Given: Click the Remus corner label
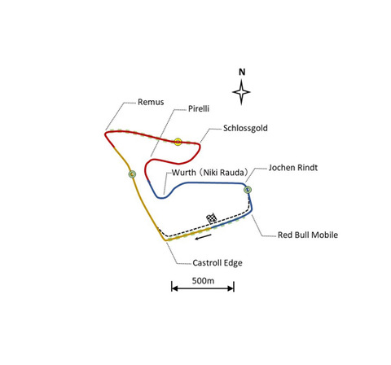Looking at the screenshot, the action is pyautogui.click(x=151, y=102).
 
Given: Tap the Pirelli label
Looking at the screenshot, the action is pyautogui.click(x=199, y=109).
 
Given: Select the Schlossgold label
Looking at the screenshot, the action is pyautogui.click(x=245, y=128).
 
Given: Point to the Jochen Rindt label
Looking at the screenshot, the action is pyautogui.click(x=293, y=168).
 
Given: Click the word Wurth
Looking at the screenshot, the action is pyautogui.click(x=183, y=173).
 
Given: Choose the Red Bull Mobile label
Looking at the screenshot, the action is pyautogui.click(x=308, y=235).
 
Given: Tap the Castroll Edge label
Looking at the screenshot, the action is pyautogui.click(x=217, y=263).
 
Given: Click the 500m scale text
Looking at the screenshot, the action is pyautogui.click(x=203, y=280).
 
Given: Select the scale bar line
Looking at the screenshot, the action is pyautogui.click(x=203, y=288).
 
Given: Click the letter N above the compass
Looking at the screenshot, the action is pyautogui.click(x=242, y=72).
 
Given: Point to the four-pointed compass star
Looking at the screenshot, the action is pyautogui.click(x=241, y=92).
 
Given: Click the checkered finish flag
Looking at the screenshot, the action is pyautogui.click(x=212, y=218).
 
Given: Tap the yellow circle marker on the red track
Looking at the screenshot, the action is pyautogui.click(x=178, y=142).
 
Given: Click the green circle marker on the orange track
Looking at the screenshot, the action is pyautogui.click(x=132, y=174).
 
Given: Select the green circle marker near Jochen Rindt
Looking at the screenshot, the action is pyautogui.click(x=248, y=190).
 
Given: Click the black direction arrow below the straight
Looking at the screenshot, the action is pyautogui.click(x=203, y=237).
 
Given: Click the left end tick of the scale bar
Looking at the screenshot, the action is pyautogui.click(x=172, y=287).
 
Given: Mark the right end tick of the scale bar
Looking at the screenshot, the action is pyautogui.click(x=234, y=287).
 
